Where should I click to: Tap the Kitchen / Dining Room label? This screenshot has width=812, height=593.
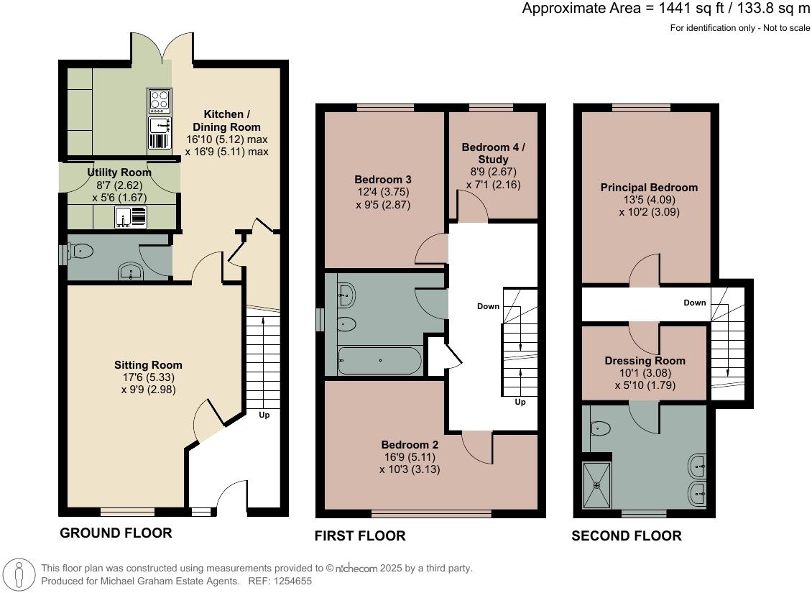[226, 121]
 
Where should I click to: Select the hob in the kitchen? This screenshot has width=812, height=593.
[159, 101]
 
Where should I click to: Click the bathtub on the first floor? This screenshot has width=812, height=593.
[379, 361]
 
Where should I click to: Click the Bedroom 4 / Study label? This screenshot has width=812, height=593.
[493, 153]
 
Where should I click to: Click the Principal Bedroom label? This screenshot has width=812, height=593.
[649, 188]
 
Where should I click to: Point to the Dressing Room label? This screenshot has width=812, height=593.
[645, 361]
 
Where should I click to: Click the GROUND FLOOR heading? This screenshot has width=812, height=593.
[116, 533]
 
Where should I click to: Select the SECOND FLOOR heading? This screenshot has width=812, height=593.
[626, 535]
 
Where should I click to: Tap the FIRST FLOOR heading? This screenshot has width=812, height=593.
[360, 535]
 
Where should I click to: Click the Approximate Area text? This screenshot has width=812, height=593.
[665, 9]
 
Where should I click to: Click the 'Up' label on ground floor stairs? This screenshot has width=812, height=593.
[264, 415]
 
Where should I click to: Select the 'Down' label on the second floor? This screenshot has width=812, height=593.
[694, 303]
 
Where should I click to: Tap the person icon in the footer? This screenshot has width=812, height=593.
[21, 574]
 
